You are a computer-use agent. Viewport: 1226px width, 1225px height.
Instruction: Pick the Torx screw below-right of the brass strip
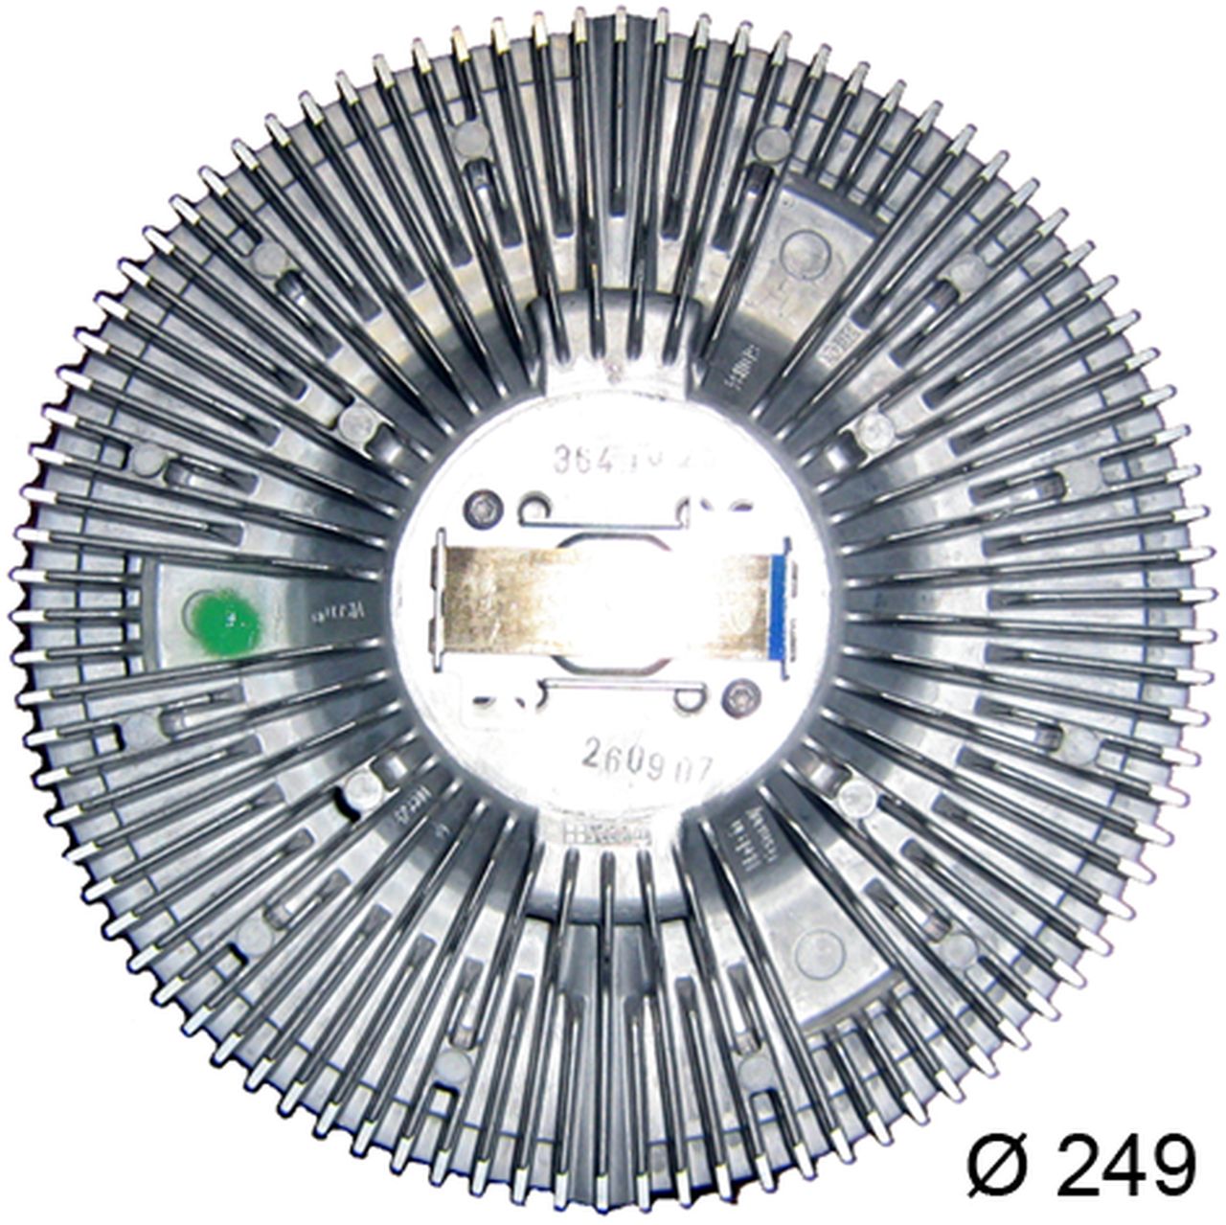coord(738,699)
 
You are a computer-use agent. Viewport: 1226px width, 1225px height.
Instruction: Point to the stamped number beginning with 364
coord(613,463)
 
